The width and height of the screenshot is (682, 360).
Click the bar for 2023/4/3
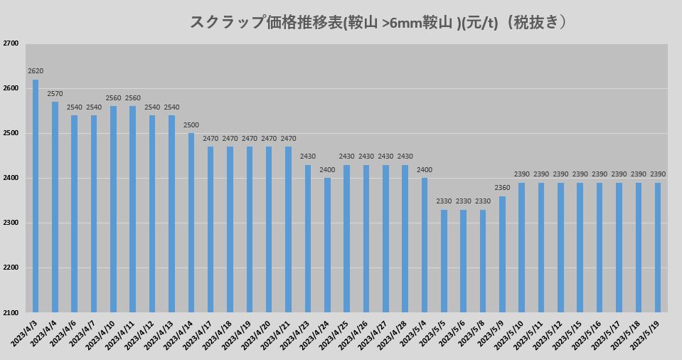coord(36,196)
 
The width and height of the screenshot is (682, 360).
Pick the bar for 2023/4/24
coord(327,245)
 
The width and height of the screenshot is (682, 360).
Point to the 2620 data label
coord(36,71)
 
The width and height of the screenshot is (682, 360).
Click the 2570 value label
coord(55,93)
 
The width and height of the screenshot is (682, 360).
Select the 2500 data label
coord(191,125)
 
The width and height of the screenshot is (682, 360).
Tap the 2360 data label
coord(502,188)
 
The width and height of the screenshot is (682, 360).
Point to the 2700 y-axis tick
coord(11,43)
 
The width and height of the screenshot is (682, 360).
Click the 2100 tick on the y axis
coord(11,312)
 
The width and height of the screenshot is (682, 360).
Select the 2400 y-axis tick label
coord(11,178)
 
